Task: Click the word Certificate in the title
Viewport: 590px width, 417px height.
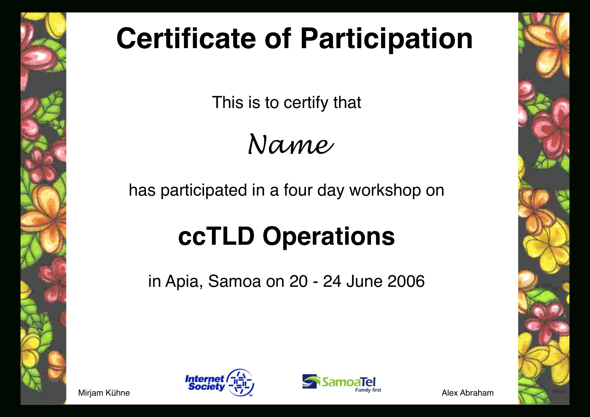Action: [186, 38]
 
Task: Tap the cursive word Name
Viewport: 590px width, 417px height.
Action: [291, 145]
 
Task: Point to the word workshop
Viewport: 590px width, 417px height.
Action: [385, 190]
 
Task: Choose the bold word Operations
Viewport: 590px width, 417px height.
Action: [328, 237]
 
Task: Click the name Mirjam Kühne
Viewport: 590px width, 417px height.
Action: [104, 393]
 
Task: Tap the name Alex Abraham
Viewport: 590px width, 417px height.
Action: [467, 393]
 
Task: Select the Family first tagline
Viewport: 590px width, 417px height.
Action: [368, 390]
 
